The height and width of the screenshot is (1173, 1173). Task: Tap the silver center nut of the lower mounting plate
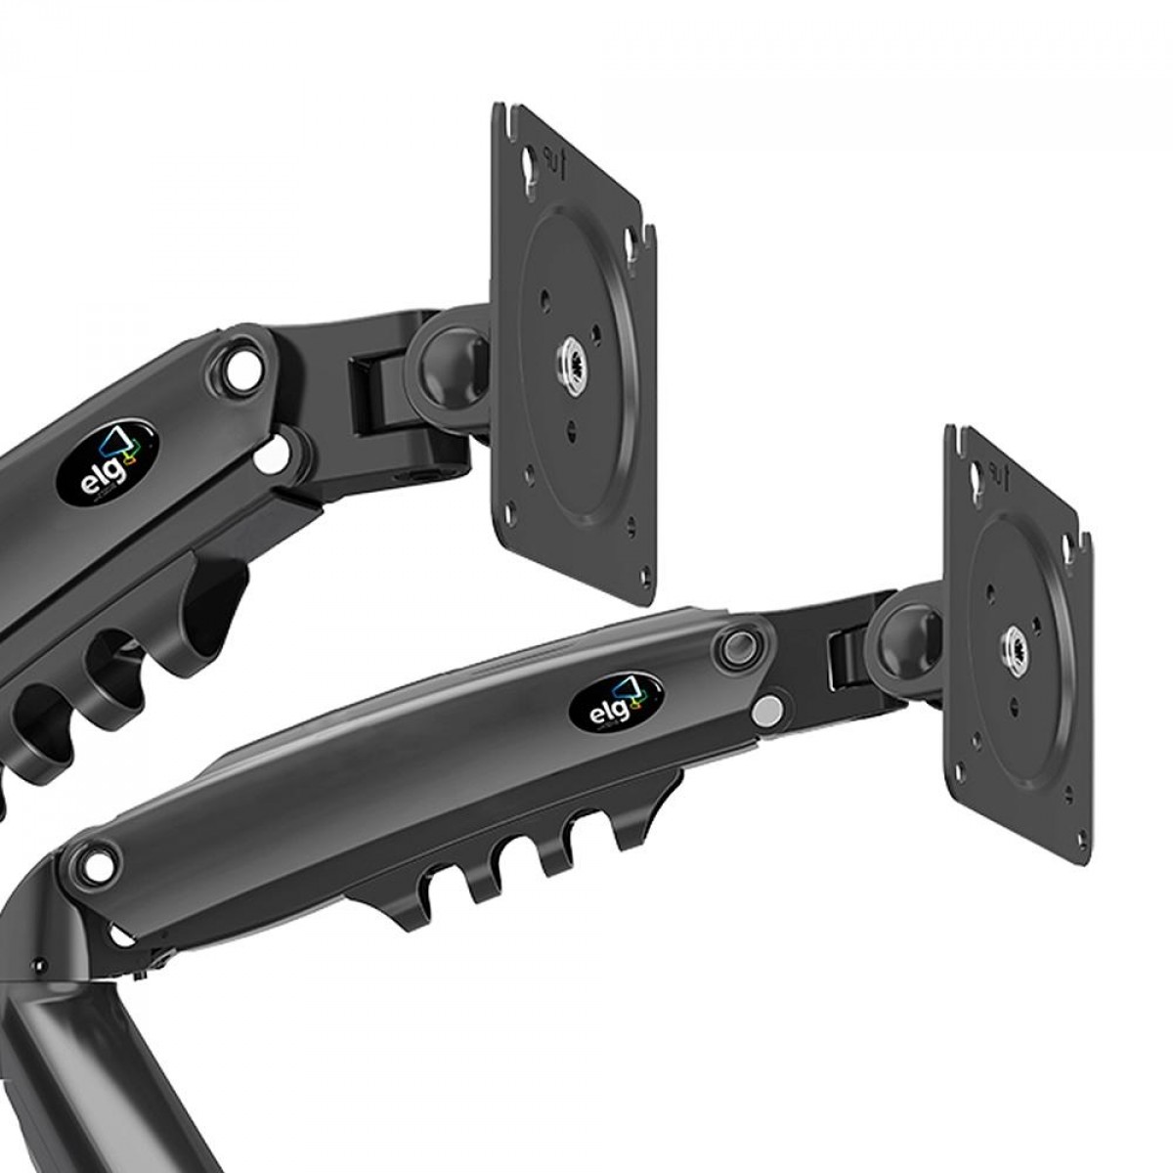click(1013, 645)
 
